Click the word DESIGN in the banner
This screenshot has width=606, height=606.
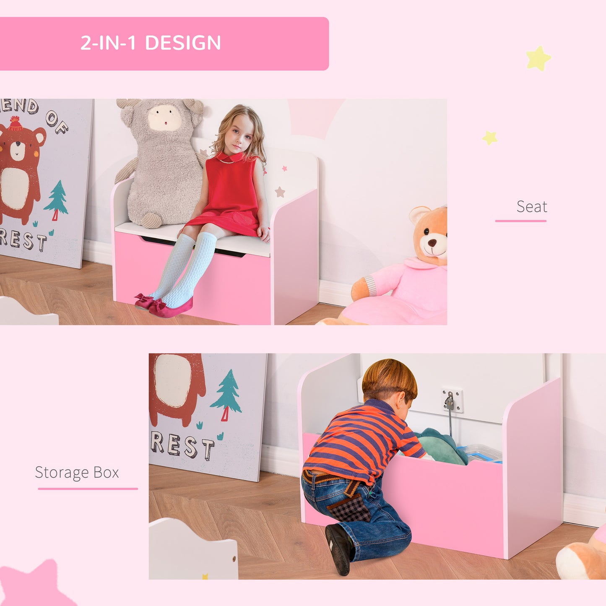(183, 43)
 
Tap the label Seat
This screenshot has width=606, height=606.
(531, 206)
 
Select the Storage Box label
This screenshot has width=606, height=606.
(77, 473)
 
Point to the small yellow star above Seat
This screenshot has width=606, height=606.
(489, 138)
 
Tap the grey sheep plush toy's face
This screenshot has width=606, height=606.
(164, 118)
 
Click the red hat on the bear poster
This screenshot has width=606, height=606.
(15, 124)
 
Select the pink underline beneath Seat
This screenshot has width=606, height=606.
(520, 221)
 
